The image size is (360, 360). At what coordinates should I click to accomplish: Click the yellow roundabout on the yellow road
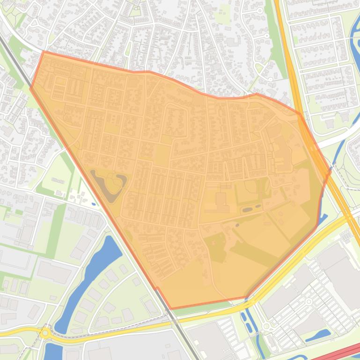click(x=45, y=333)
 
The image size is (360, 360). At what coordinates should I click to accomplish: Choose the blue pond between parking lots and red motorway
click(x=323, y=334)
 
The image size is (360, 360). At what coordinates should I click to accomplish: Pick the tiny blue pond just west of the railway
click(x=94, y=204)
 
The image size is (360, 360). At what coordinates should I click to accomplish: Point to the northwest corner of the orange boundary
click(x=43, y=52)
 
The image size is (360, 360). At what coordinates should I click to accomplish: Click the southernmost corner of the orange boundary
click(x=170, y=309)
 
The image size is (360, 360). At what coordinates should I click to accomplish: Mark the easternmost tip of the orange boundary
click(x=330, y=172)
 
